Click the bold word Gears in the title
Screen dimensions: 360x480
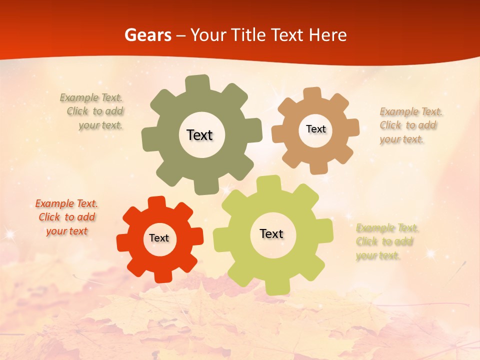coord(147,35)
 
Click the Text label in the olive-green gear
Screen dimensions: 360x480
coord(199,135)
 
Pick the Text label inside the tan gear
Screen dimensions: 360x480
coord(315,129)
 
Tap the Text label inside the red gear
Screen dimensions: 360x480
coord(159,238)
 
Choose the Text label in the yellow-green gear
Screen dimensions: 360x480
coord(271,233)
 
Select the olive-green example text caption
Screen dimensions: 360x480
coord(93,111)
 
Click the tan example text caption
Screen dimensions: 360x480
coord(410,125)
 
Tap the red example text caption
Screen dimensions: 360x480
coord(66,217)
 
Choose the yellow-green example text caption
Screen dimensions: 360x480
coord(386,241)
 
